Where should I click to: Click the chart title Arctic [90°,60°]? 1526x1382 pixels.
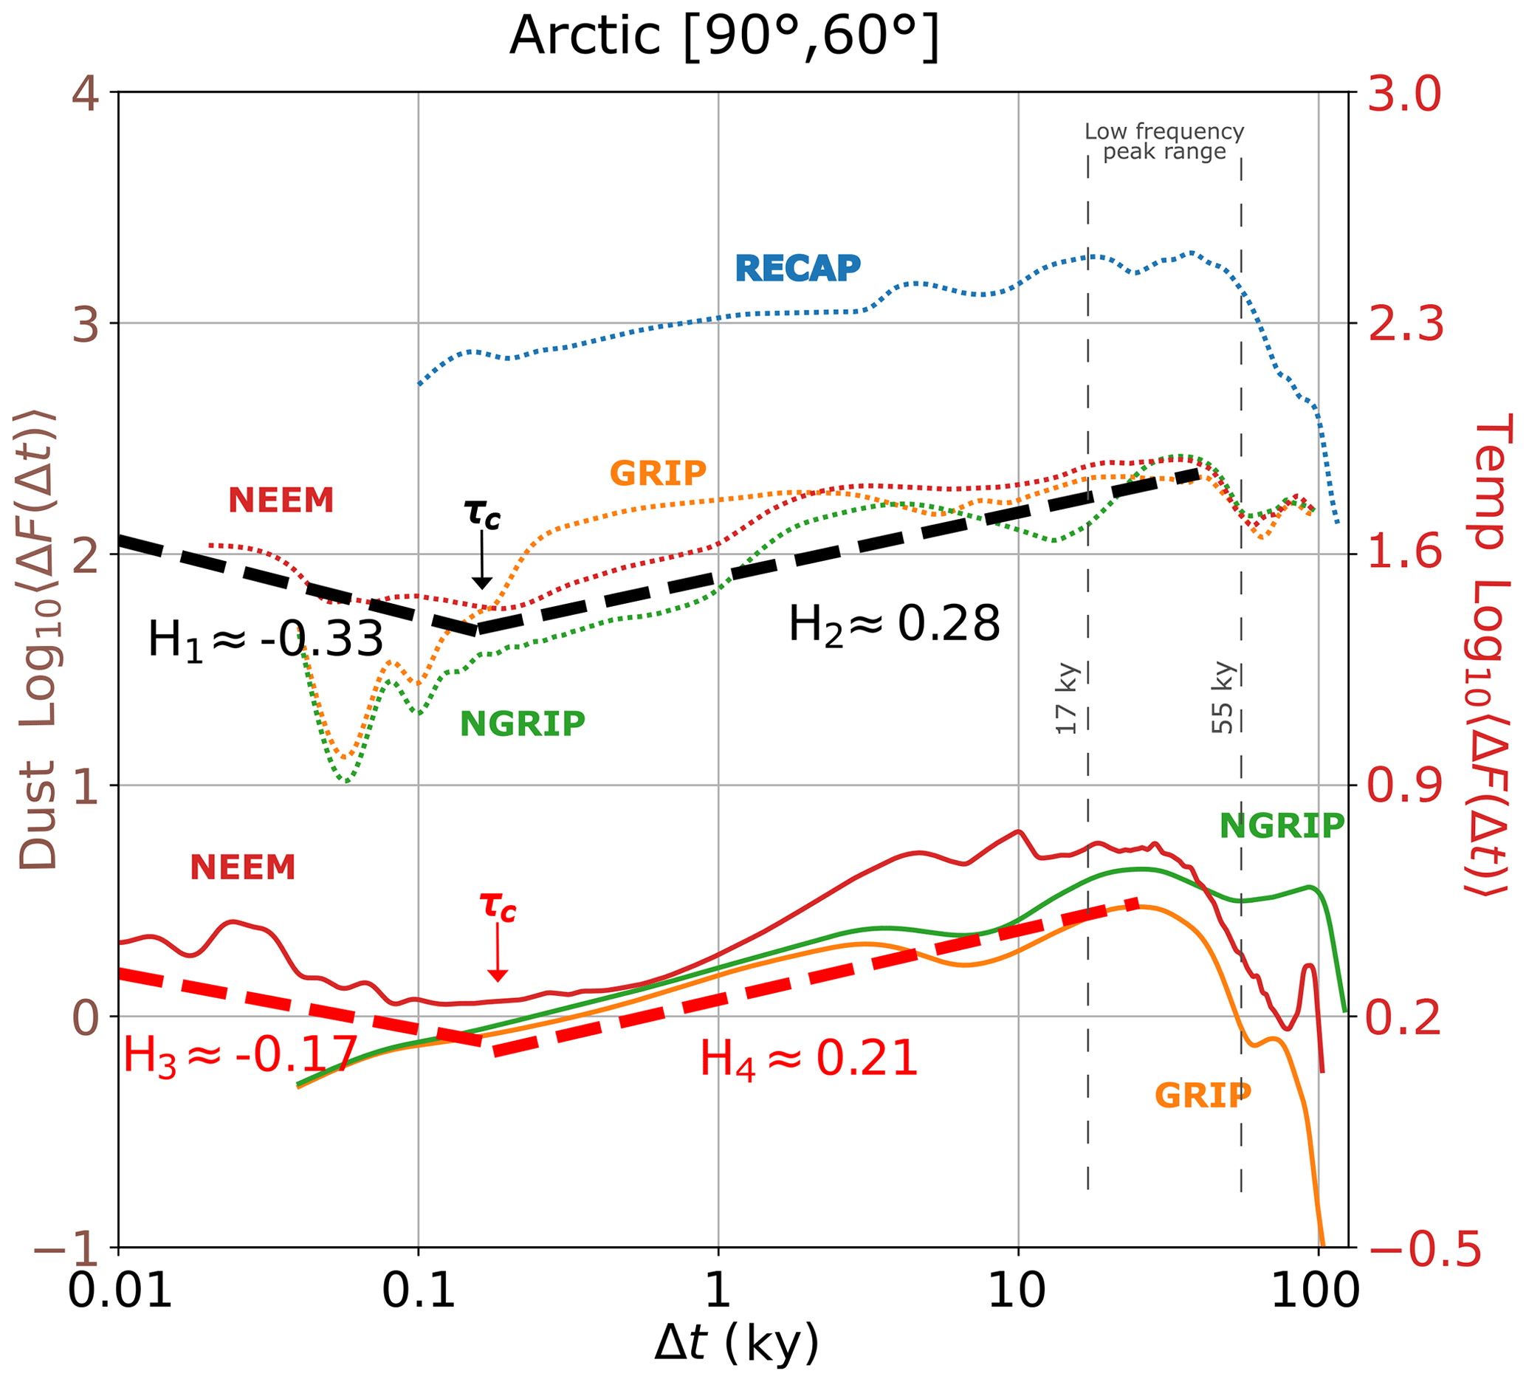point(724,36)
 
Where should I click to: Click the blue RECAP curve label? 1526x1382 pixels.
point(798,268)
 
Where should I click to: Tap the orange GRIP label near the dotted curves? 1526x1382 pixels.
point(658,474)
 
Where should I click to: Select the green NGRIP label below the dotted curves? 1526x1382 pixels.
point(522,724)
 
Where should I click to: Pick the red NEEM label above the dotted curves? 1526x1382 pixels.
point(281,501)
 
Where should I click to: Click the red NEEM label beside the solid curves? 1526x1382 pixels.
point(242,868)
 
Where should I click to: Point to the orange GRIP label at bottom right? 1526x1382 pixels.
point(1203,1095)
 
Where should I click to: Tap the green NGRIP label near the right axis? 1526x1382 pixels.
point(1282,827)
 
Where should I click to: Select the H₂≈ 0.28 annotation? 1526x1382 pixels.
point(894,625)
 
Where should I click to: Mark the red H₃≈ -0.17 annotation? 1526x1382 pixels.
point(240,1056)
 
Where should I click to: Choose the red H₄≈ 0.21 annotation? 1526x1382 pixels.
point(808,1059)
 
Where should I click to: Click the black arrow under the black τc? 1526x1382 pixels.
point(481,561)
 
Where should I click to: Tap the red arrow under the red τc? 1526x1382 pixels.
point(498,954)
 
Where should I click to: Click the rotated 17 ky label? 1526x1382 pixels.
point(1067,698)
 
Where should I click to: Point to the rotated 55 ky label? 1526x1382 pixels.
point(1223,698)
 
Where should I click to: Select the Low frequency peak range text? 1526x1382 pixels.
point(1164,142)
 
